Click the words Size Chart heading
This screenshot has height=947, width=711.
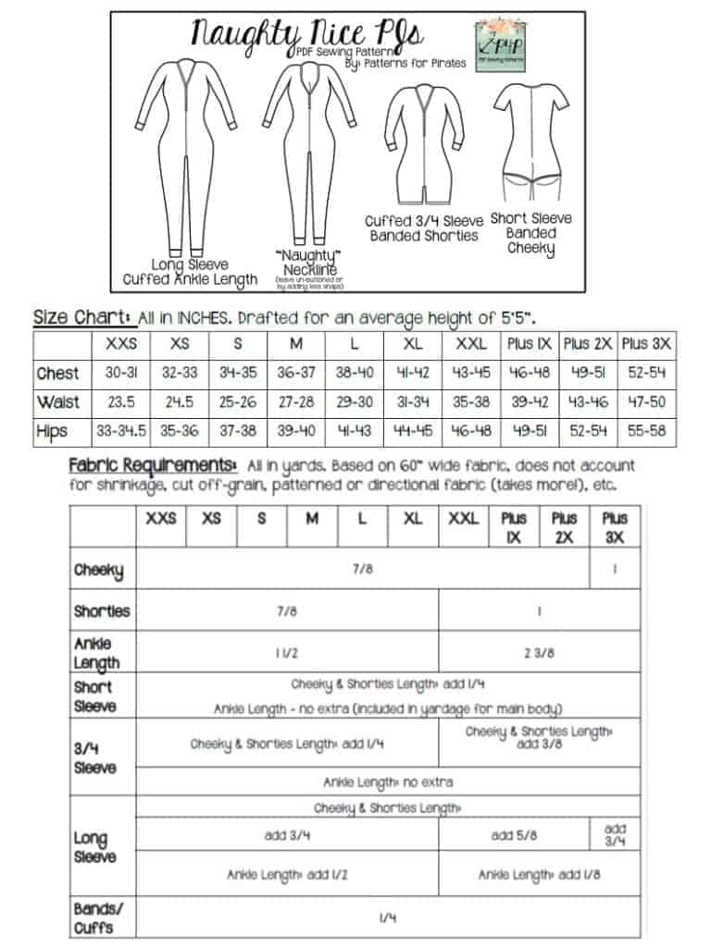coord(82,317)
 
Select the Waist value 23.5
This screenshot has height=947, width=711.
coord(116,402)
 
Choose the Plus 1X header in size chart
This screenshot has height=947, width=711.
coord(530,344)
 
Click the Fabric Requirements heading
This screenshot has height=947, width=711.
coord(152,465)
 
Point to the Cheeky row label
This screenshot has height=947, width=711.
coord(99,571)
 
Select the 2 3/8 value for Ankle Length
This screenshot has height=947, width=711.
coord(539,652)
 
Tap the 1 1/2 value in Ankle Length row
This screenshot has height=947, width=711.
coord(286,652)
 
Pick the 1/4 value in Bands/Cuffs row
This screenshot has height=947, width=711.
coord(388,917)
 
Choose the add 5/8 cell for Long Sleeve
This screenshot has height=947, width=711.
coord(514,835)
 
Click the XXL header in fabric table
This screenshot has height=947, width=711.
coord(463,519)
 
